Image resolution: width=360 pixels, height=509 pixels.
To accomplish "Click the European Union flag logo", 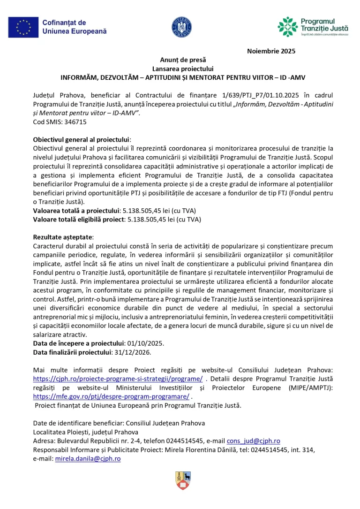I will (x=23, y=27).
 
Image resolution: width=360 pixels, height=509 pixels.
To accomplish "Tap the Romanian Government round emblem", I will (x=181, y=27).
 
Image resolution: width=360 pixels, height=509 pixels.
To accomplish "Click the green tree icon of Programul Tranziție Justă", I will (x=287, y=27).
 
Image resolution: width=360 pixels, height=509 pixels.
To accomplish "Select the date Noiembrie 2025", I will (x=271, y=51).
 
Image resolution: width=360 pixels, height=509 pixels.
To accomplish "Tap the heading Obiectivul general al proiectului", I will (x=82, y=139).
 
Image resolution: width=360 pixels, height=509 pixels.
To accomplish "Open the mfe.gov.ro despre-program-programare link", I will (x=111, y=396).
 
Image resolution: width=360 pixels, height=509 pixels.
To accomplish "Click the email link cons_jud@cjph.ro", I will (x=254, y=441).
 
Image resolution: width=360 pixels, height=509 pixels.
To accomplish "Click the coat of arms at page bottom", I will (x=182, y=481).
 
